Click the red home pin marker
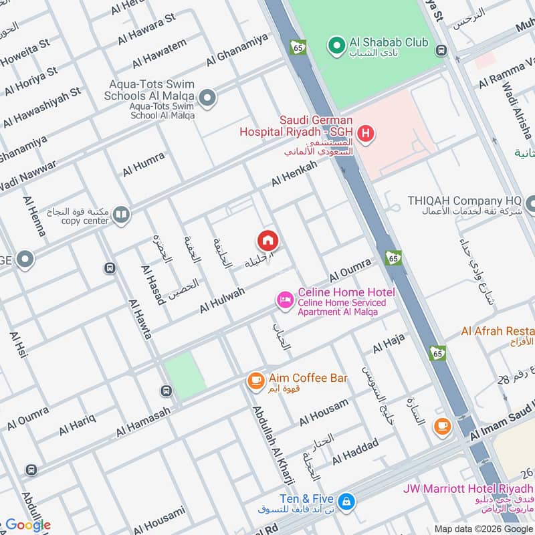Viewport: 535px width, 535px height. [x=267, y=239]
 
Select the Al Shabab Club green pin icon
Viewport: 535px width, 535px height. [x=334, y=45]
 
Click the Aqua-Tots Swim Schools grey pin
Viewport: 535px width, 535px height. [x=208, y=99]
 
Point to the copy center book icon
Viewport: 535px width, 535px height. [x=121, y=215]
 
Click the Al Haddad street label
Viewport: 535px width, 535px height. [x=355, y=451]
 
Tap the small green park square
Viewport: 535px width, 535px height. [x=185, y=376]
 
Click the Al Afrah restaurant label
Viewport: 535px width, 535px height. [x=498, y=331]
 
